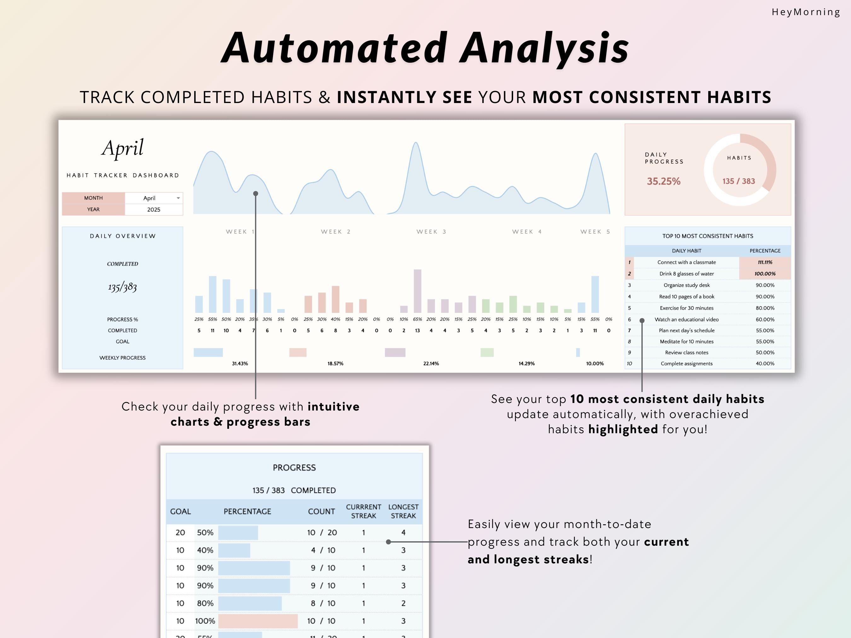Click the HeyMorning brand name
pyautogui.click(x=806, y=12)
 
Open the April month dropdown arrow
pyautogui.click(x=178, y=198)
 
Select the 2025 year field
pyautogui.click(x=153, y=210)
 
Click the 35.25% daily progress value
pyautogui.click(x=664, y=181)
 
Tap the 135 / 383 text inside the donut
pyautogui.click(x=739, y=181)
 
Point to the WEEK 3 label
pyautogui.click(x=431, y=232)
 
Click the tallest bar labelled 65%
pyautogui.click(x=417, y=291)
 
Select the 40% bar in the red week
pyautogui.click(x=335, y=299)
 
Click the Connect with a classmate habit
pyautogui.click(x=687, y=262)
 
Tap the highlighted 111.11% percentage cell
pyautogui.click(x=765, y=262)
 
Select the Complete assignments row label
pyautogui.click(x=687, y=363)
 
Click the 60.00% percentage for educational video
pyautogui.click(x=765, y=319)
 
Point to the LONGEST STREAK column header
pyautogui.click(x=403, y=511)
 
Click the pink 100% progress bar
pyautogui.click(x=258, y=621)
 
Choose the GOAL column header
pyautogui.click(x=180, y=511)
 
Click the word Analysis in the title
pyautogui.click(x=544, y=48)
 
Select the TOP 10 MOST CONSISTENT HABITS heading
pyautogui.click(x=708, y=236)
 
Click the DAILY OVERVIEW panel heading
pyautogui.click(x=123, y=236)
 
